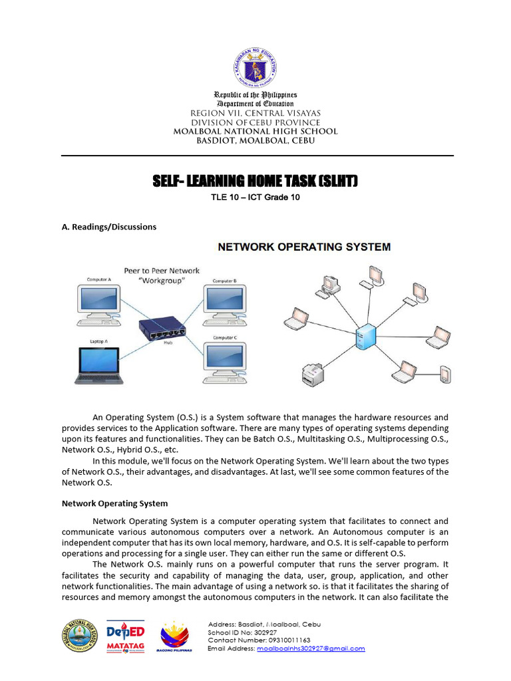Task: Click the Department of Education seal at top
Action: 255,67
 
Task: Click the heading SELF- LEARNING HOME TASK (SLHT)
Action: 255,182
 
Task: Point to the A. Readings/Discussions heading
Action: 109,227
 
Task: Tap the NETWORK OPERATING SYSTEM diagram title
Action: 305,247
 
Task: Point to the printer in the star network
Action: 313,376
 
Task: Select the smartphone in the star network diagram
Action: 445,374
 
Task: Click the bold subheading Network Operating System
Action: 114,503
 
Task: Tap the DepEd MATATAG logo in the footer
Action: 126,637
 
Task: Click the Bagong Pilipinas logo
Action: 174,637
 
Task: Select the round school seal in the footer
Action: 80,636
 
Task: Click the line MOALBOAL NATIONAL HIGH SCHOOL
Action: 255,132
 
